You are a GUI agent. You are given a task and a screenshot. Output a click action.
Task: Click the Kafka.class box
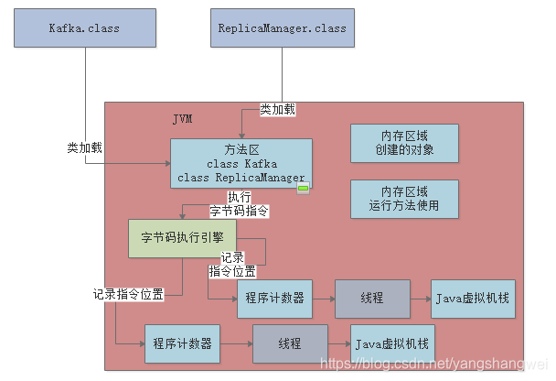pos(84,27)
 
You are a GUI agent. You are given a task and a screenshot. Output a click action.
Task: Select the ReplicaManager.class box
pos(282,27)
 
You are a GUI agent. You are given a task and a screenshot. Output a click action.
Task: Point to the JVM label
pos(184,120)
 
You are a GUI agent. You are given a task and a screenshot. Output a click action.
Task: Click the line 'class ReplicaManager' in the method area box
pos(241,177)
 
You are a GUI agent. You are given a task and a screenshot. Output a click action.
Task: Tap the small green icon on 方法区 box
pos(304,189)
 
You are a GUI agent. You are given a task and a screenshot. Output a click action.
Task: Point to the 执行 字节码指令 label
pos(239,204)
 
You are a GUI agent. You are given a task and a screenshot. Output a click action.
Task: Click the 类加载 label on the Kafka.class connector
pos(85,147)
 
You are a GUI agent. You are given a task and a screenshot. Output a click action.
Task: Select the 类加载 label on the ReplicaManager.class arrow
pos(278,109)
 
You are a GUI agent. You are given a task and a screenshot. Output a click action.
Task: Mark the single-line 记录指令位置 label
pos(129,294)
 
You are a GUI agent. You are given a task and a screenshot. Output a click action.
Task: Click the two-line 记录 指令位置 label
pos(232,265)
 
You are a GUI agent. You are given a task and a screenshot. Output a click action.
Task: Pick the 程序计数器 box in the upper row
pos(274,299)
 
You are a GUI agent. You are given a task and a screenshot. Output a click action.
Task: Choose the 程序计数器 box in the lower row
pos(182,343)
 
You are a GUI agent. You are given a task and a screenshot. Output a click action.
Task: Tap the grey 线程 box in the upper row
pos(371,299)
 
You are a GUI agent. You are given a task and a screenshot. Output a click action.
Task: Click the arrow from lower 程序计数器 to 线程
pos(237,343)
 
